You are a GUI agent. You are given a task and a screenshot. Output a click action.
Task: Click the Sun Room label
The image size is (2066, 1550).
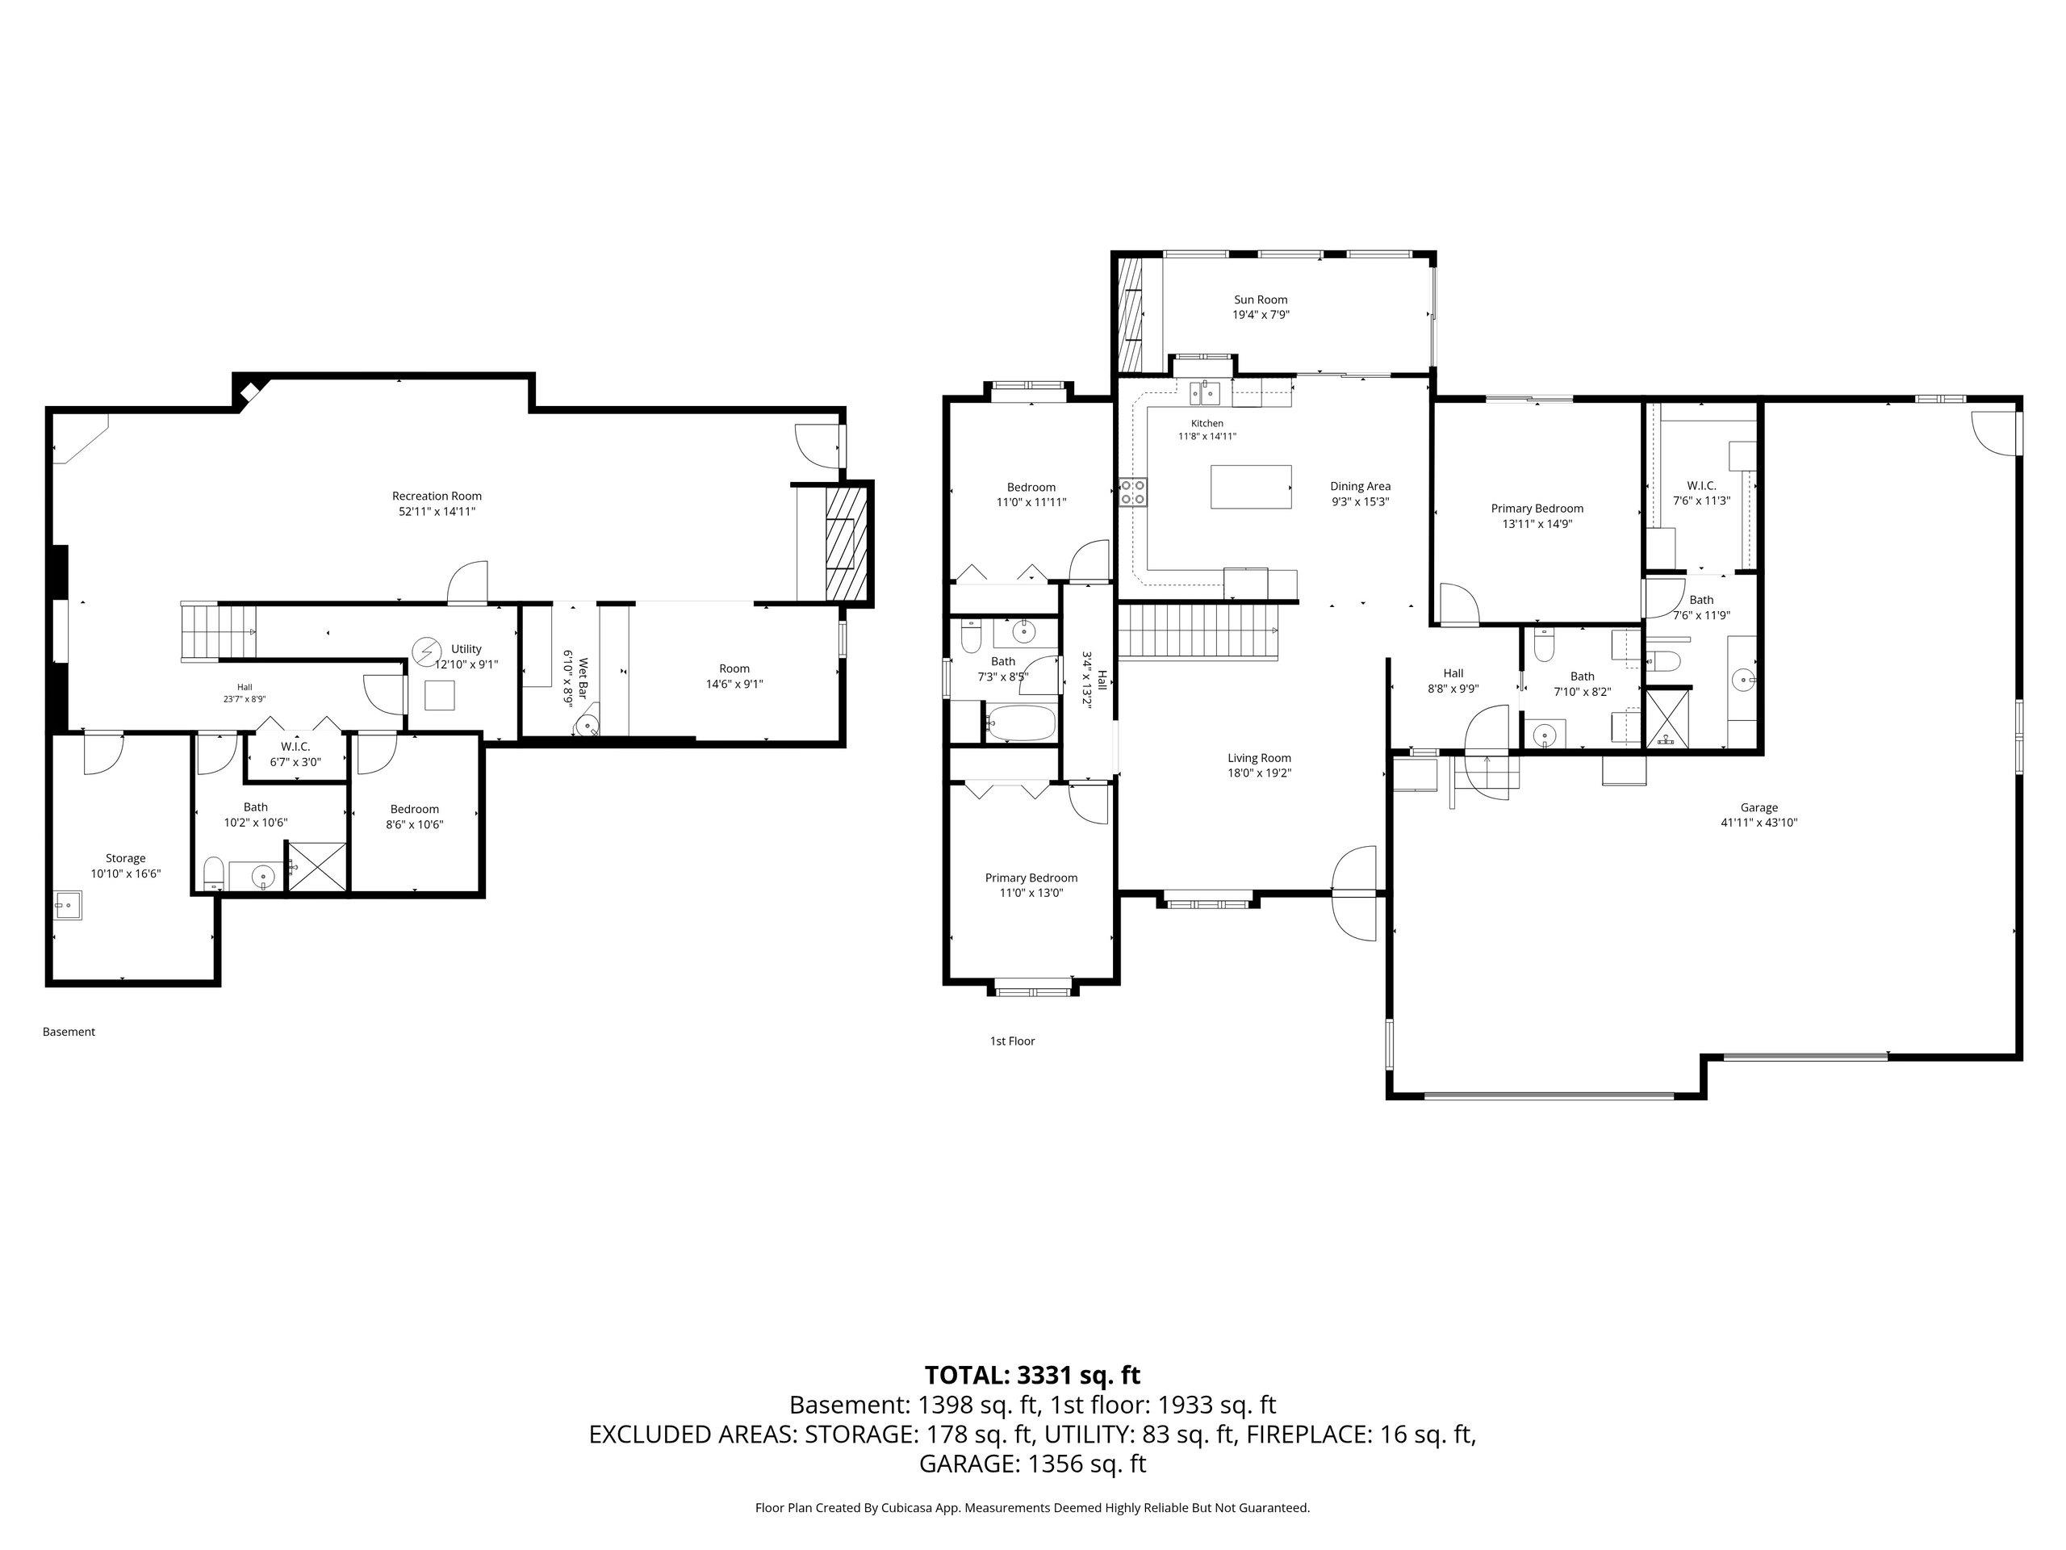[1260, 300]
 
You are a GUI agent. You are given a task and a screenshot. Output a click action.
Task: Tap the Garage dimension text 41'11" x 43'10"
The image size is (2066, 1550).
[1759, 823]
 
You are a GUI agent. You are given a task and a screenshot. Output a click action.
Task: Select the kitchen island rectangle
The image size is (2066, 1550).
[1252, 487]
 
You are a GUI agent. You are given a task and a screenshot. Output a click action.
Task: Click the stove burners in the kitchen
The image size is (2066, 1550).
[1133, 492]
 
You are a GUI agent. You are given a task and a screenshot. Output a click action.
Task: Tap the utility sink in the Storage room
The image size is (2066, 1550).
[67, 905]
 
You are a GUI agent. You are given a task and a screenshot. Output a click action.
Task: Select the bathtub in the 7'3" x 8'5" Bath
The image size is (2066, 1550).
[1019, 724]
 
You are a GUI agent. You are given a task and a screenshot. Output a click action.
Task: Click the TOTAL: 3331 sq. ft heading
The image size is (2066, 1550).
[1032, 1376]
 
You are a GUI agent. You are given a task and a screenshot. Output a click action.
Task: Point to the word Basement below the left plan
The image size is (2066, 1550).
[69, 1032]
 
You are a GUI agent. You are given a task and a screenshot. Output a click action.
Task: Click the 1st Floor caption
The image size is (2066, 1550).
[1013, 1041]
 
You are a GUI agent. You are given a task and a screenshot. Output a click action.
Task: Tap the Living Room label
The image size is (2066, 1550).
[1259, 758]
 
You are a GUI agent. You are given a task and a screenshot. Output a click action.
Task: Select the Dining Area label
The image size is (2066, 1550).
[1360, 486]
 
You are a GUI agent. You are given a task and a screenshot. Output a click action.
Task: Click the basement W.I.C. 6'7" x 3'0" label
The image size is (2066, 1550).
[295, 754]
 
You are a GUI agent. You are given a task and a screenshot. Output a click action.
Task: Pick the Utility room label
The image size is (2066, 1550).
[466, 649]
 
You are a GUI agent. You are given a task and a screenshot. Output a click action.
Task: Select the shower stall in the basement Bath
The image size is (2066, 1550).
[316, 866]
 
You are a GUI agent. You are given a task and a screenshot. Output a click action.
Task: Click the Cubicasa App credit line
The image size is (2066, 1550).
[1032, 1507]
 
